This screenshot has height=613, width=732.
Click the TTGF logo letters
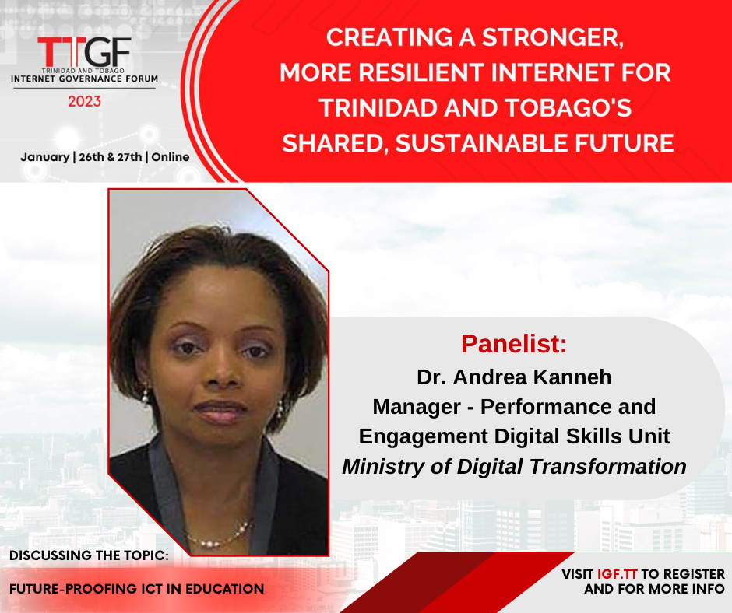pos(84,52)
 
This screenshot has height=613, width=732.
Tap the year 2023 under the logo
pos(85,101)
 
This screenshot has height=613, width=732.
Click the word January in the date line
pos(45,157)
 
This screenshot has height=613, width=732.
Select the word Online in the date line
pos(171,157)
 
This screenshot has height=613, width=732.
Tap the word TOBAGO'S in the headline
pos(568,108)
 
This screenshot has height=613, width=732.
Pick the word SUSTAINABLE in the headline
pos(481,143)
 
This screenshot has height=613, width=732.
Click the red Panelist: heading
pos(514,344)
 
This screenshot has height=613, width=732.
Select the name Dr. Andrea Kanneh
pos(514,377)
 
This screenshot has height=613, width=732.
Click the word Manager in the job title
pos(417,407)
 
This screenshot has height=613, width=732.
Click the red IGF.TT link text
pos(618,574)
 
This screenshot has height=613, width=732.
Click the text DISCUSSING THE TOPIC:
pos(90,555)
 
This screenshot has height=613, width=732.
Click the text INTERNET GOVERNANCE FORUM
pos(85,79)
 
